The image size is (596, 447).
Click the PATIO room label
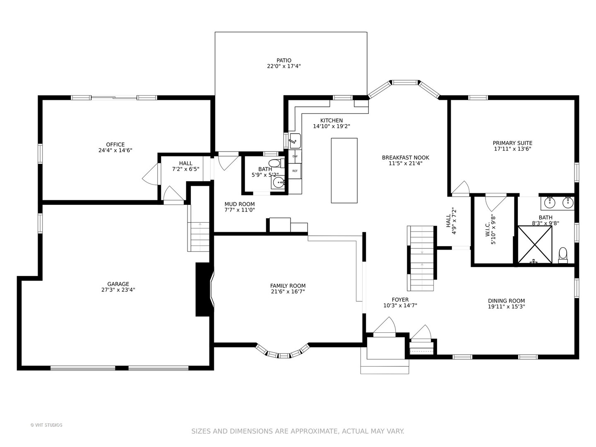coord(284,60)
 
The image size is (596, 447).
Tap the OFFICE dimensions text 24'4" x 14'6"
coord(115,150)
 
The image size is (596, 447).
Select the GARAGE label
coord(118,284)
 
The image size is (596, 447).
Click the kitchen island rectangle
coord(344,171)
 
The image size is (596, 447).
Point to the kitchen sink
coord(295,141)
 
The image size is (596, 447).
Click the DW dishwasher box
coord(295,156)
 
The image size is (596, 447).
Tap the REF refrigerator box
coord(295,171)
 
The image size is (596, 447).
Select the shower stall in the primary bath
coord(535,245)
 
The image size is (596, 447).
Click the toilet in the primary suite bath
coord(563,255)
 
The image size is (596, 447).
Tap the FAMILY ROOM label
coord(288,286)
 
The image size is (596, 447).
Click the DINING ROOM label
coord(507,301)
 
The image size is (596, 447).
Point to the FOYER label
coord(400,300)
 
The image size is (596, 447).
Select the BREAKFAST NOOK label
coord(405,157)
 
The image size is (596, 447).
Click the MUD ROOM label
coord(240,204)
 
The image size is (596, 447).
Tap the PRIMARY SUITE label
coord(512,143)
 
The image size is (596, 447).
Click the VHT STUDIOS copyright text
coord(46,425)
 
